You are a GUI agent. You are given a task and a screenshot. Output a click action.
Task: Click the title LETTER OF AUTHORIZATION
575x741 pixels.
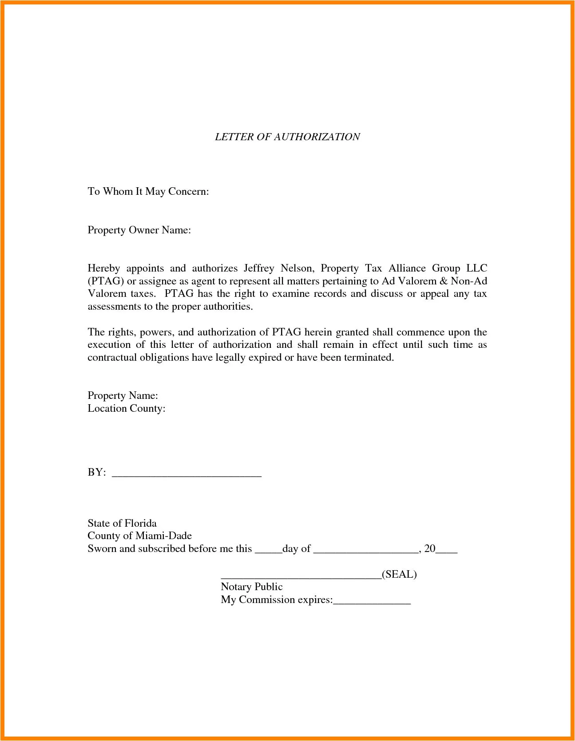coord(287,137)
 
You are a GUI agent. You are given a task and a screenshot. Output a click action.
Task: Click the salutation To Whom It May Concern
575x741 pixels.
coord(148,191)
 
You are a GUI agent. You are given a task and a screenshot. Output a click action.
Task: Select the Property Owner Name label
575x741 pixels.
coord(139,230)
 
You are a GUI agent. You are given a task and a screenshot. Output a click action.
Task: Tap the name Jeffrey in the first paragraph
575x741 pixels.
coord(258,268)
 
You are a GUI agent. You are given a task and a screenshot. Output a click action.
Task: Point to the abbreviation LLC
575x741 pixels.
coord(476,268)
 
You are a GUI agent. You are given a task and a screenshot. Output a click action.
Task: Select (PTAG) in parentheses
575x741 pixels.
coord(105,281)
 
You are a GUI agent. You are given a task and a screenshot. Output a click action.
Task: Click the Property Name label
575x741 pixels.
coord(123,395)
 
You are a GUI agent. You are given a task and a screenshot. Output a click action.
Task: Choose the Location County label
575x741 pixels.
coord(126,408)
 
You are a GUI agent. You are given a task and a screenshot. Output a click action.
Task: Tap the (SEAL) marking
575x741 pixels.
coord(399,574)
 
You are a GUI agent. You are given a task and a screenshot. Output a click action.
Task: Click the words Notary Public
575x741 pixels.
coord(251,587)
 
